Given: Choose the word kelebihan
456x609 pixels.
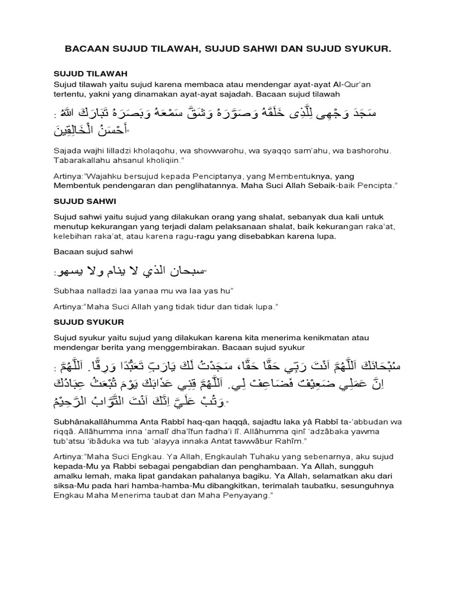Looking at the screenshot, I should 72,237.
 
